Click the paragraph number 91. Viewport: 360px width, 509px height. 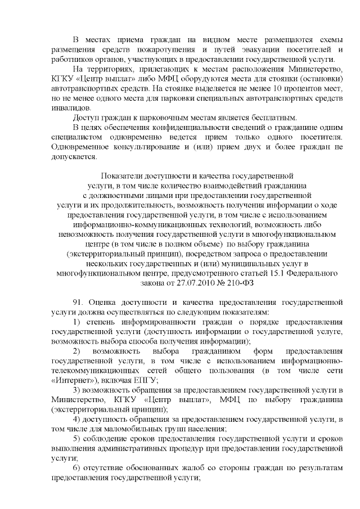click(79, 303)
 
